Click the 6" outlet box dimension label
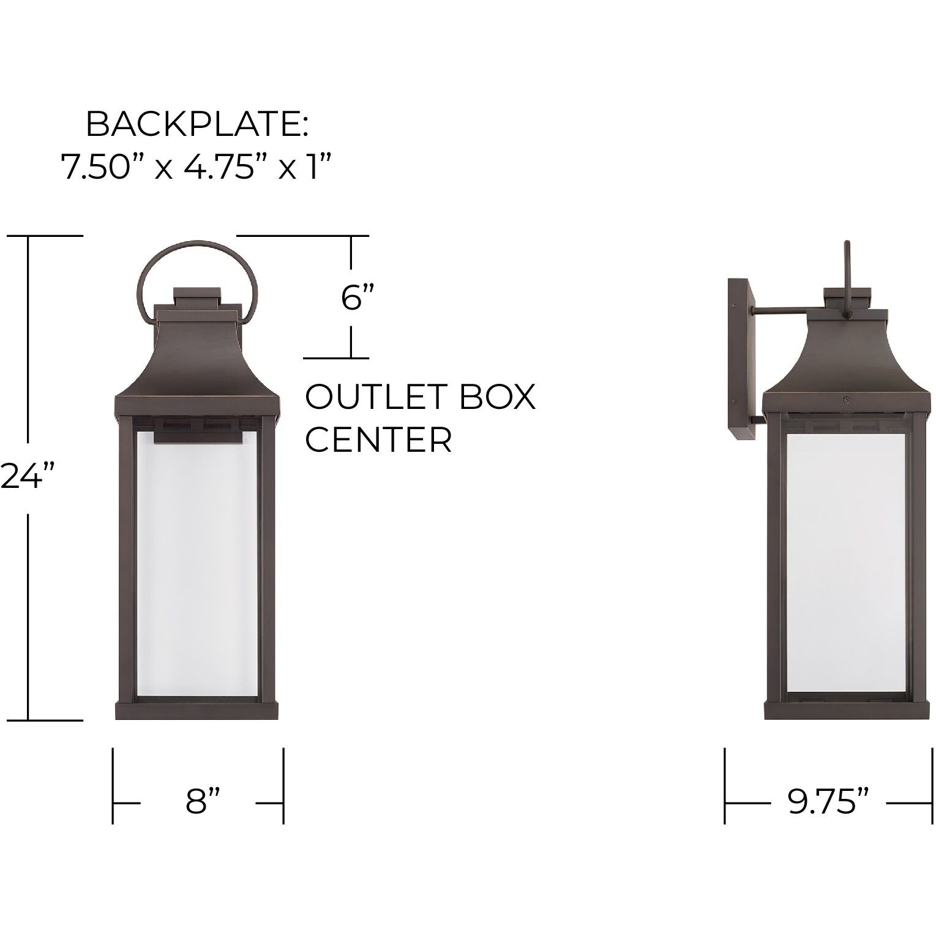[x=357, y=298]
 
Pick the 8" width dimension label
[x=203, y=802]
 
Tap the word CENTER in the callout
[x=378, y=439]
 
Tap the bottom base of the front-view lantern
[x=197, y=711]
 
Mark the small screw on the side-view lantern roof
[x=845, y=399]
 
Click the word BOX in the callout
[x=497, y=397]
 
